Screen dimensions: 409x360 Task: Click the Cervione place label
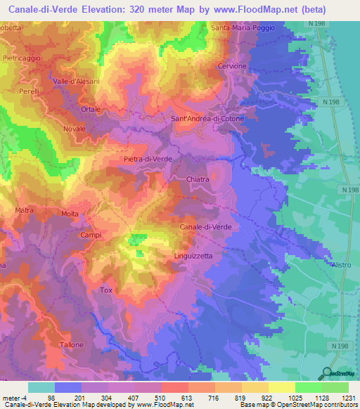point(233,66)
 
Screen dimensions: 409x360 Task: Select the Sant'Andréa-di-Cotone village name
point(208,119)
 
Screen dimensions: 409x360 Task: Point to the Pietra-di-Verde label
point(148,160)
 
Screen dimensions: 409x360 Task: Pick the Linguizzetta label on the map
point(193,256)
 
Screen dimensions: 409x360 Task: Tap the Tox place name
point(106,290)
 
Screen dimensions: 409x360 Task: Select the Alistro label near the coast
point(341,264)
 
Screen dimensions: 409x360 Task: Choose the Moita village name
point(70,214)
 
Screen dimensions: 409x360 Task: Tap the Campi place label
point(91,235)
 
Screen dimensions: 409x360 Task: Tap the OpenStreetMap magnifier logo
point(326,374)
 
